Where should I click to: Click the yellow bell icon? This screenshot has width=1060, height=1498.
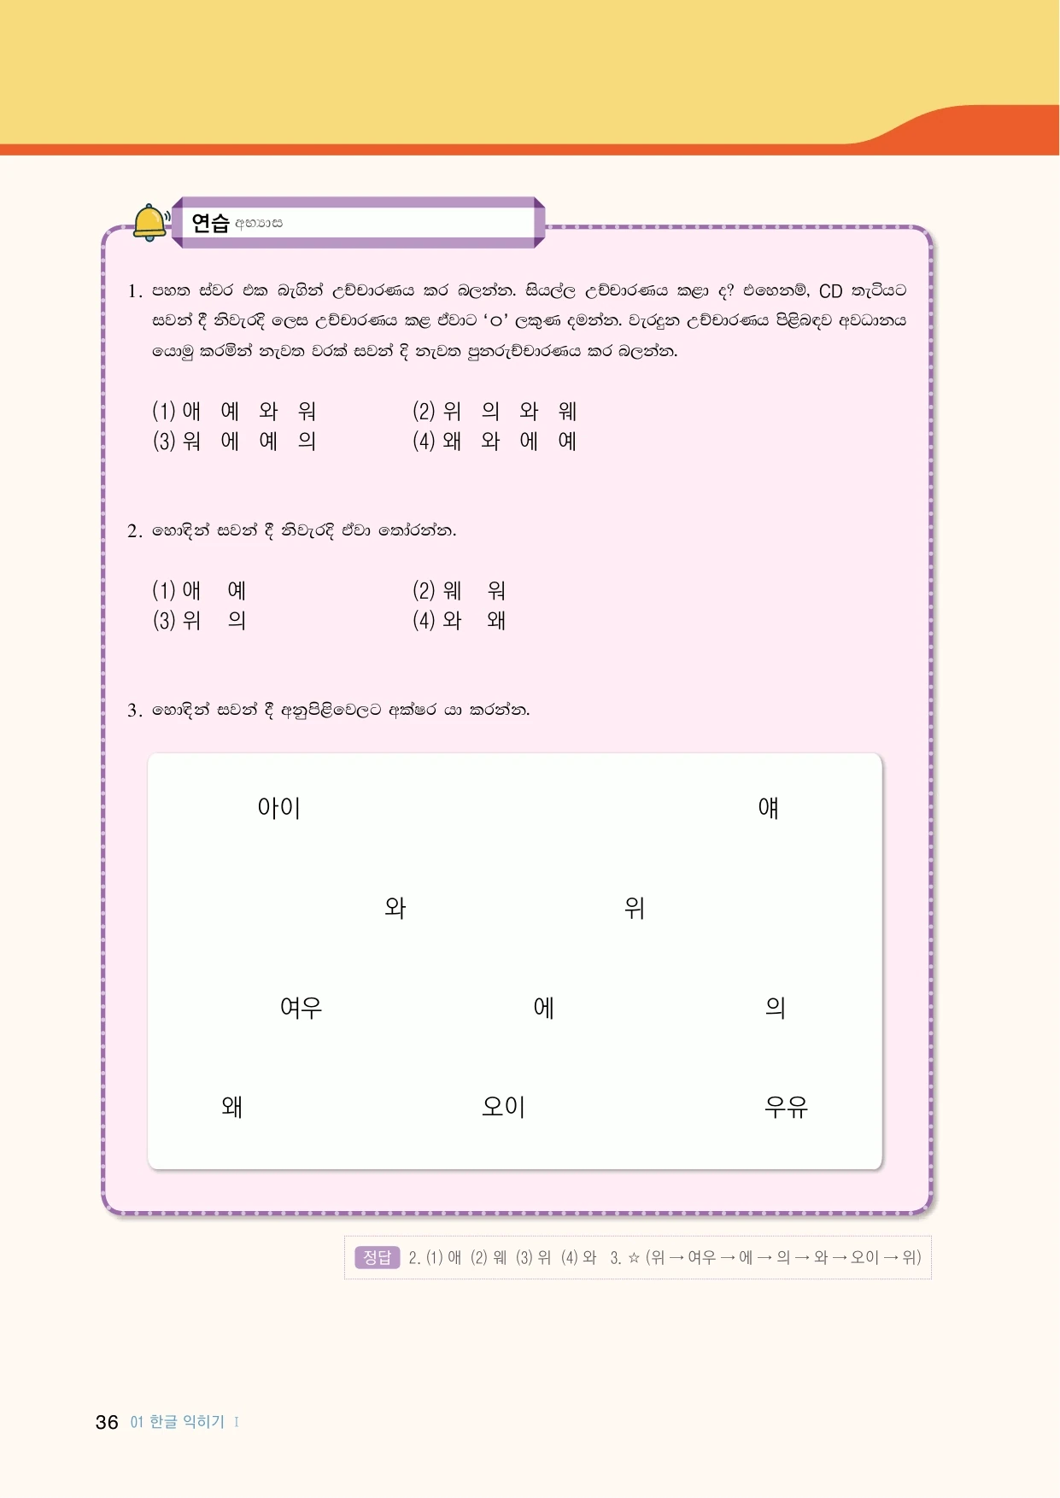click(150, 223)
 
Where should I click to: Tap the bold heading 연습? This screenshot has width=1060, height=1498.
click(210, 224)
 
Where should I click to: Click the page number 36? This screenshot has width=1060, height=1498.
click(107, 1422)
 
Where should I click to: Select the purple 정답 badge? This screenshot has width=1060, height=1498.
click(377, 1257)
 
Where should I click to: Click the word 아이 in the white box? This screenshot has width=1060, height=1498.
click(279, 808)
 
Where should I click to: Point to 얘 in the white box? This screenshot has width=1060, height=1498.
click(768, 808)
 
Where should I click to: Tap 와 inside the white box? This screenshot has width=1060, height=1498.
click(395, 908)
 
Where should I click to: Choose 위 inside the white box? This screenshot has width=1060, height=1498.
click(634, 908)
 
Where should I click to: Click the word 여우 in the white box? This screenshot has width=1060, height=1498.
click(301, 1008)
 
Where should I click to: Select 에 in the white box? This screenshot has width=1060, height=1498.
click(543, 1008)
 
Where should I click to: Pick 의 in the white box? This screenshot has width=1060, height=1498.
click(775, 1008)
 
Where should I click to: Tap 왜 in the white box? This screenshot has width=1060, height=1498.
click(231, 1107)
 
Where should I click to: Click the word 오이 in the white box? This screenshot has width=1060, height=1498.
click(503, 1107)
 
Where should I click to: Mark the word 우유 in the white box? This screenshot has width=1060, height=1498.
click(786, 1107)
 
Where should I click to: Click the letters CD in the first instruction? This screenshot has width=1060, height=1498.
click(830, 291)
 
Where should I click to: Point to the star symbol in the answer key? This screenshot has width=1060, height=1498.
click(634, 1257)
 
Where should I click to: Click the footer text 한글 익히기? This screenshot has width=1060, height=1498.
click(187, 1422)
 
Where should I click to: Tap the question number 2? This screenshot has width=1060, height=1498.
click(134, 531)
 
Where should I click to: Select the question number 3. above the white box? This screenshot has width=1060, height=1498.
click(134, 711)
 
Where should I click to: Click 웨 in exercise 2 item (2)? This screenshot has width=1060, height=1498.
click(452, 590)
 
